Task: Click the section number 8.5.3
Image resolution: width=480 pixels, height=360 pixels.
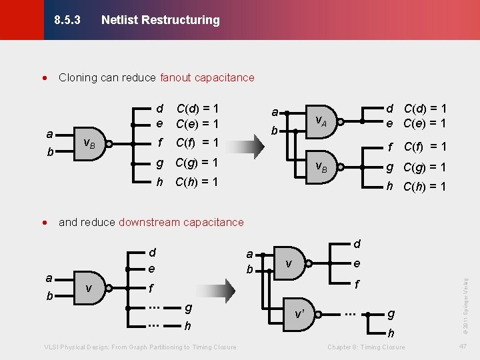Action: (x=67, y=20)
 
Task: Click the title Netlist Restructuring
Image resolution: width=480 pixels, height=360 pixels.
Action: (x=160, y=20)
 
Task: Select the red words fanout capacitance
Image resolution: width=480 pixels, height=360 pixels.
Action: (x=207, y=77)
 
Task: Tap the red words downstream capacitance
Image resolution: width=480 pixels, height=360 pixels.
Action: (x=181, y=222)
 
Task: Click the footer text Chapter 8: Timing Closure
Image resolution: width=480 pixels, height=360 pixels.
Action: (x=366, y=347)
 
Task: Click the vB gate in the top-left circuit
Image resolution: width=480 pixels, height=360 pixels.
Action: (x=89, y=143)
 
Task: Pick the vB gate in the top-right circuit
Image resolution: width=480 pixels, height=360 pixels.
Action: (x=321, y=167)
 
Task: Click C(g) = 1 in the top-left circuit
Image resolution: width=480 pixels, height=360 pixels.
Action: (x=197, y=163)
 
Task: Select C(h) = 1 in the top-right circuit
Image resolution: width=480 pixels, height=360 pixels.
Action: (x=425, y=187)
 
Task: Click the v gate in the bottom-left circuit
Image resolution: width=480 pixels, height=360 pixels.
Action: (x=89, y=289)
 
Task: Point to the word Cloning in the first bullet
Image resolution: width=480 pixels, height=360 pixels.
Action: (x=77, y=77)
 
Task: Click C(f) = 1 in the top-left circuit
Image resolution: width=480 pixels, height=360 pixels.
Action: (x=197, y=142)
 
